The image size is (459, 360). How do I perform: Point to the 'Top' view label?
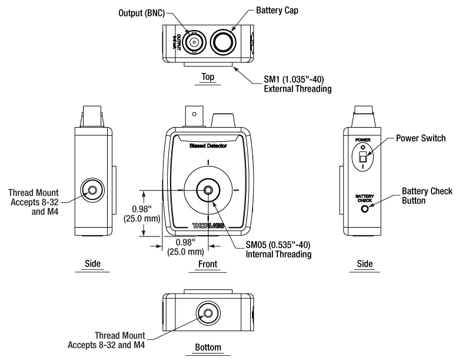[207, 76]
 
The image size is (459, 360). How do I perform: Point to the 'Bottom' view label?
[208, 348]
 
